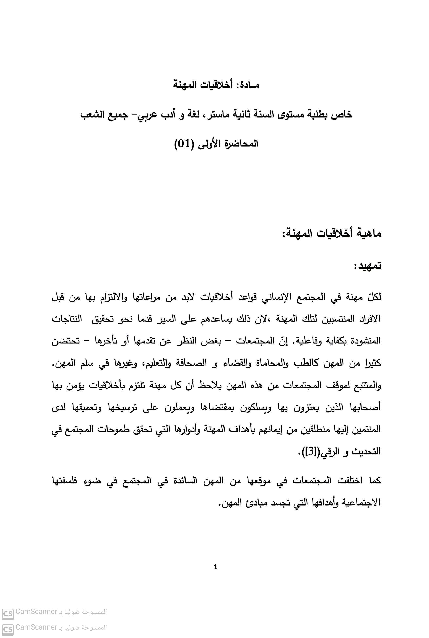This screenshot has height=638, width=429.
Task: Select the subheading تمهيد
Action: point(367,266)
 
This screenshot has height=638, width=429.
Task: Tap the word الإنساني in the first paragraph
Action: point(275,297)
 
